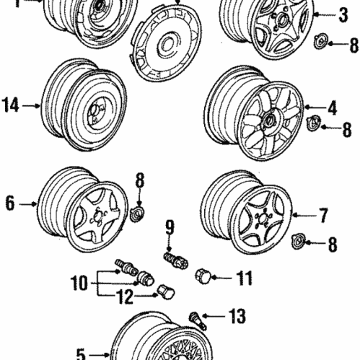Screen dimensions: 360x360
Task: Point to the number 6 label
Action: (x=9, y=203)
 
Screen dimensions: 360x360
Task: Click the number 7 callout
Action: (x=323, y=214)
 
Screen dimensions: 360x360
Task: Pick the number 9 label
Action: (x=170, y=229)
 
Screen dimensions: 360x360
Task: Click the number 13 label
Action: (x=237, y=316)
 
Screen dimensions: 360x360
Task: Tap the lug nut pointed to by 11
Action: (x=204, y=276)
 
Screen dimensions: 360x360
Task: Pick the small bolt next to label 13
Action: (x=198, y=317)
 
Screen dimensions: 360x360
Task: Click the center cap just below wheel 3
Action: (x=322, y=40)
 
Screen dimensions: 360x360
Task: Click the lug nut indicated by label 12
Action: (x=164, y=290)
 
